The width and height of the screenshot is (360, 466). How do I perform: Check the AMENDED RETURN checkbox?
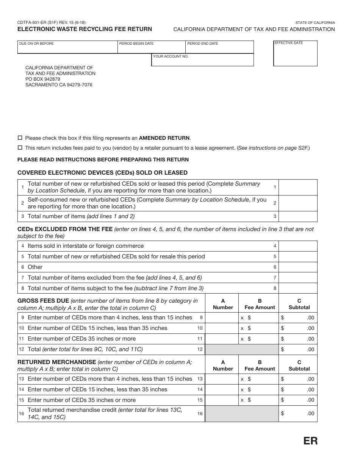coord(20,138)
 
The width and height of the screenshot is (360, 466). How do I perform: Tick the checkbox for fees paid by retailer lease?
coord(20,148)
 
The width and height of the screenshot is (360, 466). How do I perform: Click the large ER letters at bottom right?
coord(310,441)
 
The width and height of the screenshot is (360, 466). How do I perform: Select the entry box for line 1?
coord(298,187)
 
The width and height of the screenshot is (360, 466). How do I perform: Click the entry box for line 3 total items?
coord(298,216)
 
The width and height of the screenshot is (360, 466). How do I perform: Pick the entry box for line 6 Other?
coord(298,267)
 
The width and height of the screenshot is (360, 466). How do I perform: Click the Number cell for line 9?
coord(222,317)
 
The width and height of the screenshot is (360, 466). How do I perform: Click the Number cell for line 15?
coord(222,400)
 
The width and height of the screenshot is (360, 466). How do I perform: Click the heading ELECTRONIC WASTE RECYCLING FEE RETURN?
coord(85,29)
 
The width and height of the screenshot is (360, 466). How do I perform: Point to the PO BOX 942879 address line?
coord(43,79)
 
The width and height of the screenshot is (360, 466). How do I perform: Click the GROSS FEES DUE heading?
coord(43,301)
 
